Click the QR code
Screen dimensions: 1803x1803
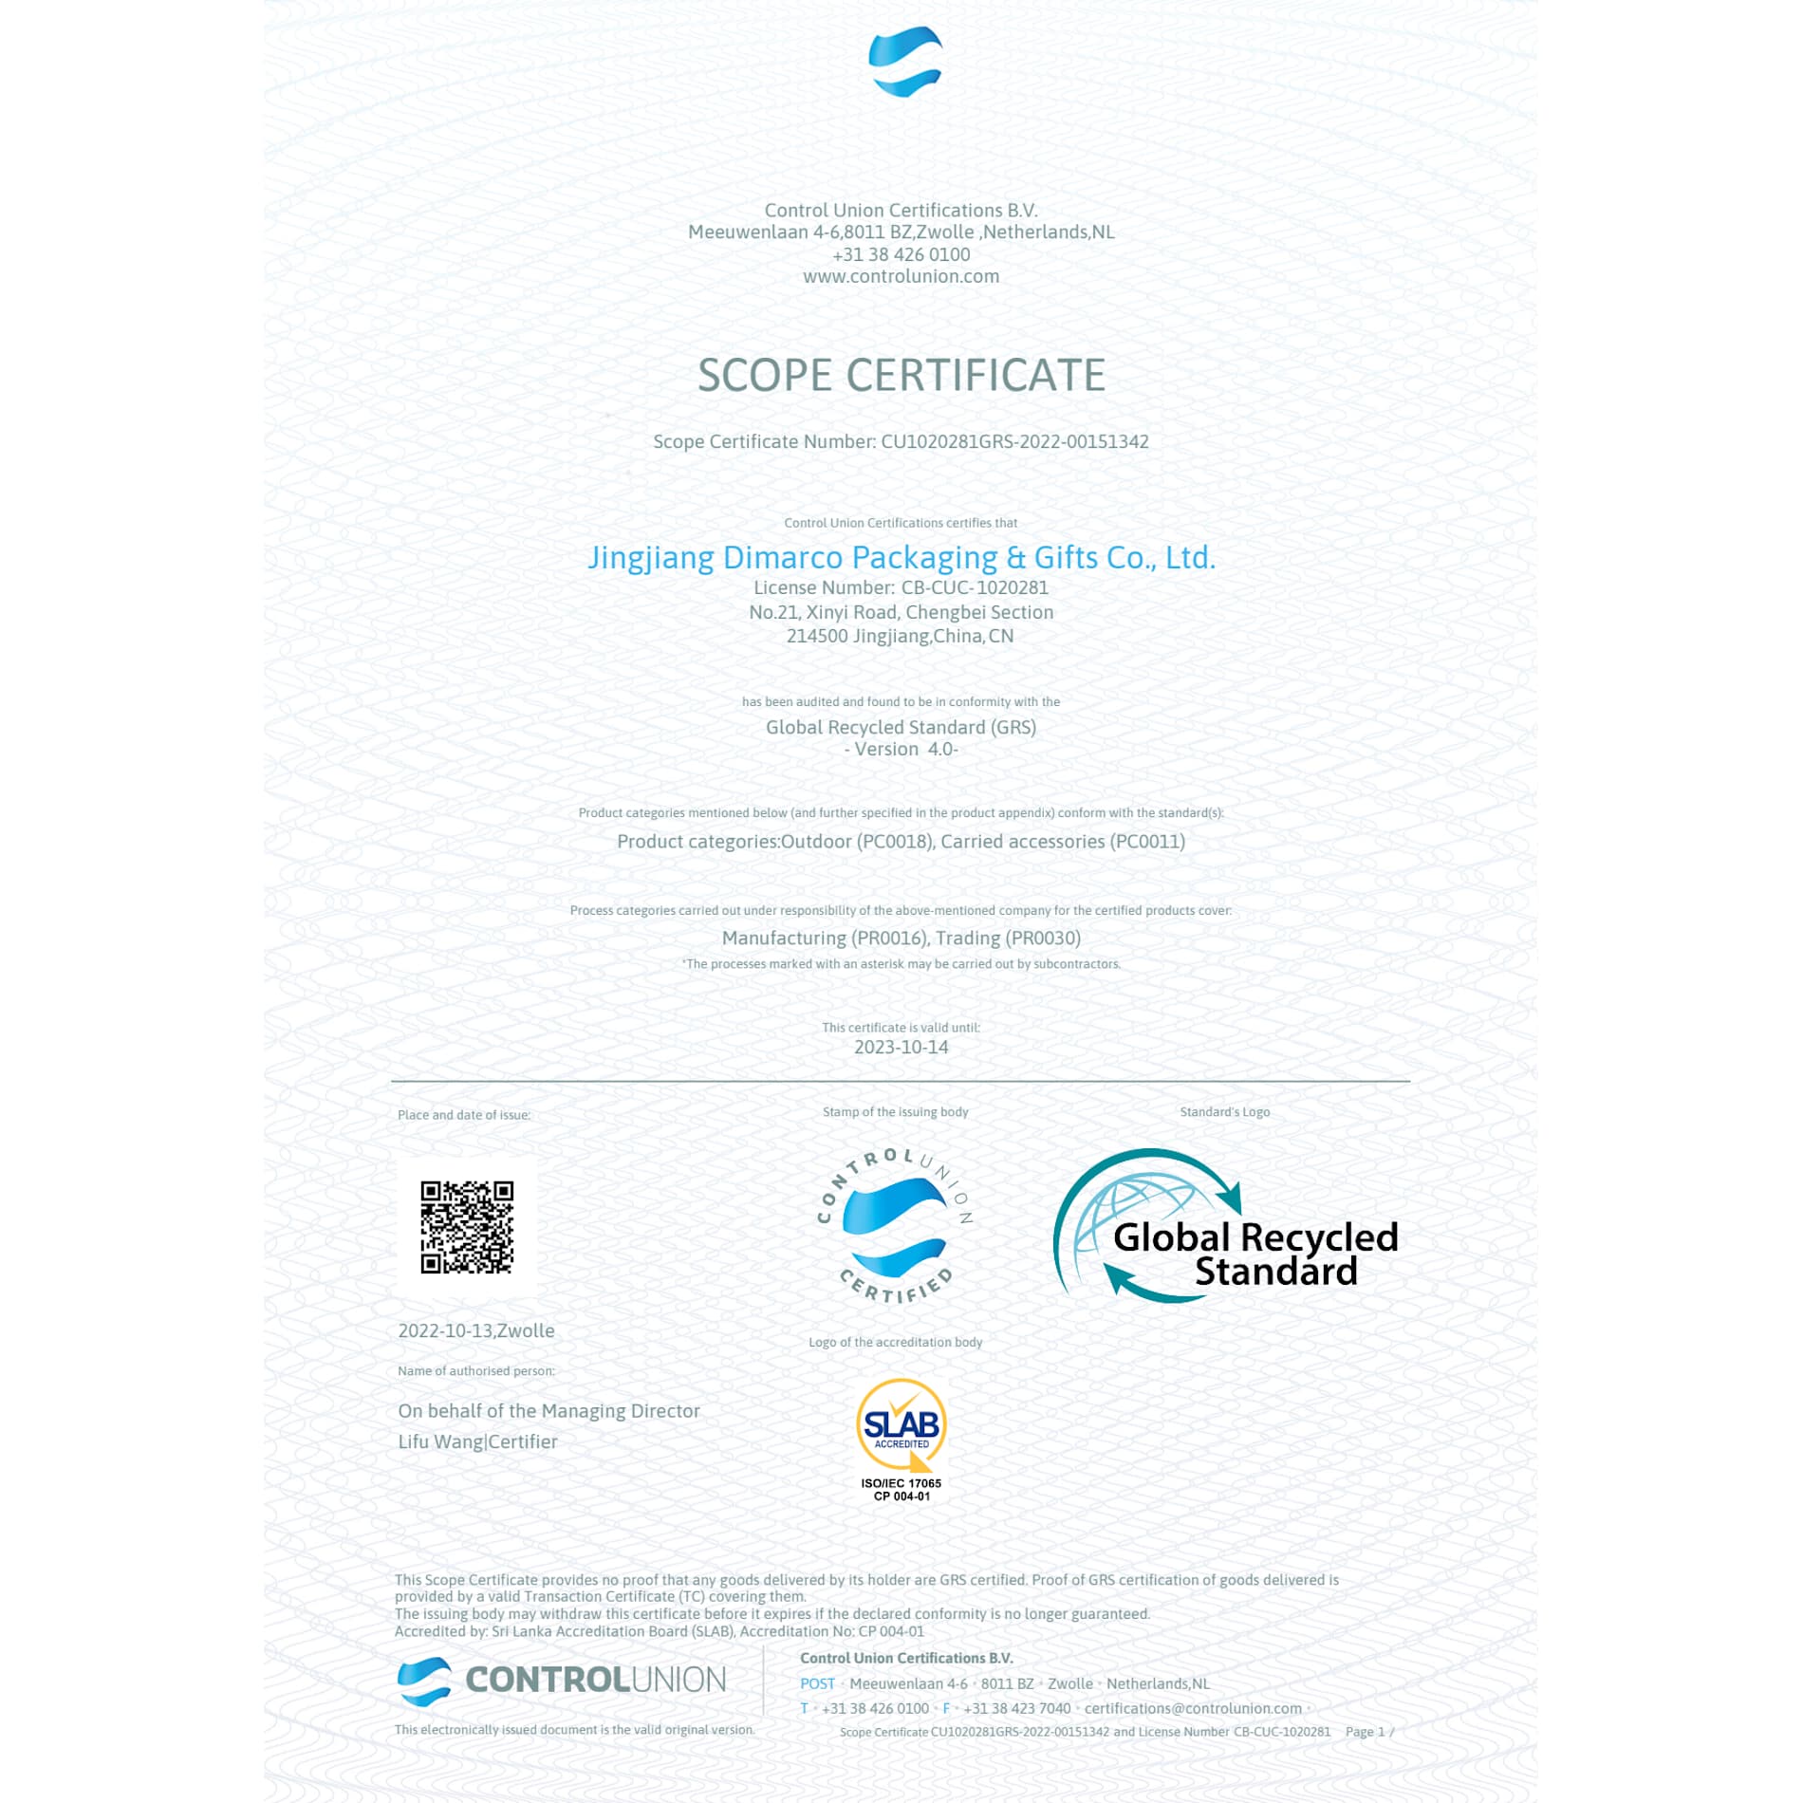[x=467, y=1226]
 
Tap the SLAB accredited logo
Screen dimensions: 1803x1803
[x=901, y=1426]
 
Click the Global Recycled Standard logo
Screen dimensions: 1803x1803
[x=1225, y=1226]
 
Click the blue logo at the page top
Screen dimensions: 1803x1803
[x=904, y=63]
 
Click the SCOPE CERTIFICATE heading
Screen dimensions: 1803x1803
[x=901, y=375]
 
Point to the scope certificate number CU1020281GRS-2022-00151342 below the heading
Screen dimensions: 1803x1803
[x=1013, y=441]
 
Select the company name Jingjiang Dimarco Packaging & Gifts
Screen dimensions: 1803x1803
[x=901, y=557]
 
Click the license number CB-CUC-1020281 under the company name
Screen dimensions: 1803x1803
[x=974, y=587]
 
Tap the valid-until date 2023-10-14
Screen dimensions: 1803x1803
[x=901, y=1047]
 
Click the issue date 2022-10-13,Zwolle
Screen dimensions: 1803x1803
[x=475, y=1330]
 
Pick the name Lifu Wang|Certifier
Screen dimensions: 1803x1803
[x=477, y=1441]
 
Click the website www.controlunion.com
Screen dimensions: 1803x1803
[x=901, y=276]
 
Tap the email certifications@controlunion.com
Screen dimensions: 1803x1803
[x=1192, y=1708]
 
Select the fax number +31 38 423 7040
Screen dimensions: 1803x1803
[x=1016, y=1708]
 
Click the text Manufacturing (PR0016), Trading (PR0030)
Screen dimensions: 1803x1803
[x=901, y=938]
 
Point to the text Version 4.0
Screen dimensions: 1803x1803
[x=901, y=749]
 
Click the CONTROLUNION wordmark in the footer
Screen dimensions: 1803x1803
[x=594, y=1680]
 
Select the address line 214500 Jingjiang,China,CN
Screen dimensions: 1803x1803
[x=900, y=636]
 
